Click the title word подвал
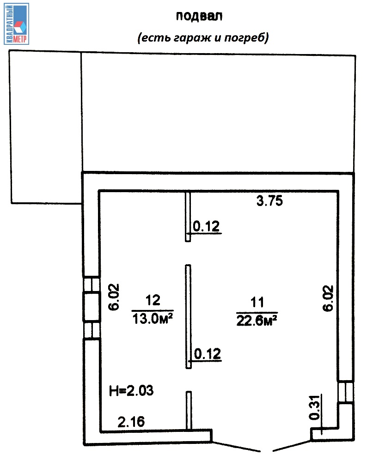click(199, 16)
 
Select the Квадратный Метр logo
click(17, 24)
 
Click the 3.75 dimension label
click(269, 200)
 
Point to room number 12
click(153, 300)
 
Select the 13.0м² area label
click(153, 318)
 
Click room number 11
click(257, 302)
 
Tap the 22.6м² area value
click(257, 321)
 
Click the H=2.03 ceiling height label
click(131, 391)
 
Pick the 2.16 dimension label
click(131, 422)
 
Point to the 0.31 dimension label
click(314, 407)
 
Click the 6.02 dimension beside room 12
click(114, 297)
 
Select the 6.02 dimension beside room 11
click(328, 298)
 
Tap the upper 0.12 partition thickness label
click(206, 226)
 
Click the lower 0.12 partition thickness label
click(208, 354)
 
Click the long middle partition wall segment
click(188, 317)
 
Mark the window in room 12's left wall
click(92, 307)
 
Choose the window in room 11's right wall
click(346, 392)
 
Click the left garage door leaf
click(236, 447)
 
